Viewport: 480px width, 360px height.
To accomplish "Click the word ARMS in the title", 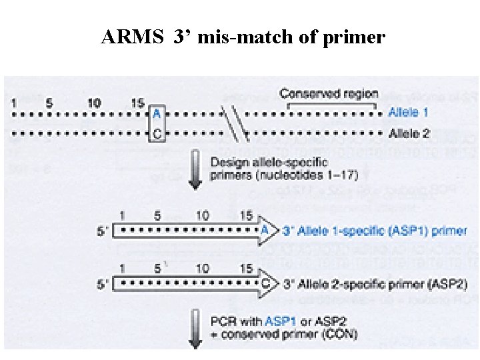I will click(132, 37).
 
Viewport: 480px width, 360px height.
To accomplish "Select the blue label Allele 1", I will click(409, 114).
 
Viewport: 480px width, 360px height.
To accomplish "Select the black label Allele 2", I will click(409, 133).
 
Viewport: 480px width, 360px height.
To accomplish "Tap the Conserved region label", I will click(329, 95).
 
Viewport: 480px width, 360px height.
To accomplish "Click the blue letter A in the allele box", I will click(157, 114).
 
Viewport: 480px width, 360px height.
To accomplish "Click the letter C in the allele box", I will click(157, 133).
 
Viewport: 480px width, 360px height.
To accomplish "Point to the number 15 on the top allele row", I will click(137, 103).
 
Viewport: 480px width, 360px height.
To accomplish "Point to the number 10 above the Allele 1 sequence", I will click(94, 103).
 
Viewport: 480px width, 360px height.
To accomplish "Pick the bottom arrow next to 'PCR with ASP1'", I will click(195, 327).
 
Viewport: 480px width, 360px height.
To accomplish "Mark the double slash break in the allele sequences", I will click(235, 123).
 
